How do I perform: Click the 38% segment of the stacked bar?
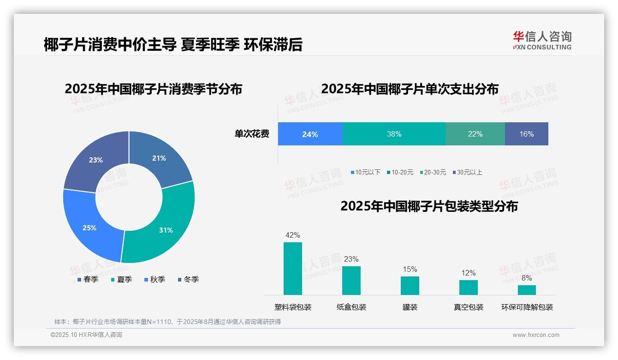point(394,134)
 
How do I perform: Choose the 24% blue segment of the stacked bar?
point(310,134)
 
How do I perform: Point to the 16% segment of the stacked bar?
point(526,134)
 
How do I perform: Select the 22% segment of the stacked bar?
point(475,134)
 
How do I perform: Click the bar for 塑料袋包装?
point(292,269)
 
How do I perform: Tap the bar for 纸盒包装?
point(351,280)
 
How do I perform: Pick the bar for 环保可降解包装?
point(527,290)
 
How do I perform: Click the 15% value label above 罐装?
point(410,269)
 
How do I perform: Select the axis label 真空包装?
point(469,307)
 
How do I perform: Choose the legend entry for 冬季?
point(188,279)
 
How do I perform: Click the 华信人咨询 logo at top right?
point(542,40)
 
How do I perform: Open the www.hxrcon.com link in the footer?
point(535,335)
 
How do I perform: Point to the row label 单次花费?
point(252,134)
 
